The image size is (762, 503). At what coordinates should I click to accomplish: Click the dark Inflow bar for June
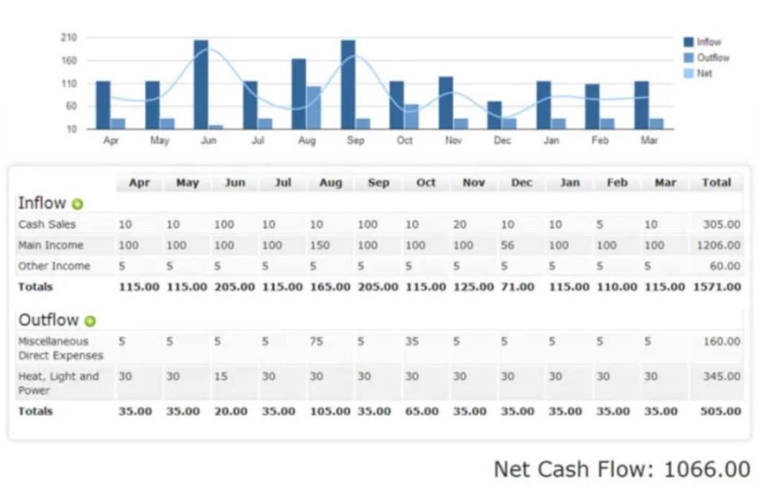pyautogui.click(x=201, y=85)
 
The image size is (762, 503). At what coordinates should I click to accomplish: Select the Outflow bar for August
pyautogui.click(x=314, y=108)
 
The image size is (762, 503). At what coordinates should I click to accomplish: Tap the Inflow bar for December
pyautogui.click(x=494, y=115)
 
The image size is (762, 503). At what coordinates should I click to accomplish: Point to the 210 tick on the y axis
pyautogui.click(x=70, y=37)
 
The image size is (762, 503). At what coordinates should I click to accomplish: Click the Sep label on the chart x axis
pyautogui.click(x=355, y=141)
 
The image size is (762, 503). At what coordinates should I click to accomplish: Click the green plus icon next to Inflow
pyautogui.click(x=78, y=204)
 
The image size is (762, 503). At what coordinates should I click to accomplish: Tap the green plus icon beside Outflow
pyautogui.click(x=90, y=321)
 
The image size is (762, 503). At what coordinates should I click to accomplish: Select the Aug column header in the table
pyautogui.click(x=330, y=183)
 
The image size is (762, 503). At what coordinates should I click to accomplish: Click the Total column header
pyautogui.click(x=716, y=183)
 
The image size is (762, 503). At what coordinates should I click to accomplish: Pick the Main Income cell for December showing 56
pyautogui.click(x=507, y=245)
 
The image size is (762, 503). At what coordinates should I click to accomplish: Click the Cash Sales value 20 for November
pyautogui.click(x=460, y=225)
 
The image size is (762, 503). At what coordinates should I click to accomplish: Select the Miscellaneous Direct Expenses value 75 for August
pyautogui.click(x=317, y=342)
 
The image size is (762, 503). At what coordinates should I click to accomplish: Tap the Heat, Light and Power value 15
pyautogui.click(x=221, y=376)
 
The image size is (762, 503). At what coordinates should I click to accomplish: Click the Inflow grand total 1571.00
pyautogui.click(x=717, y=287)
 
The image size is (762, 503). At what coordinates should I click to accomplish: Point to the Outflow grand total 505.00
pyautogui.click(x=720, y=412)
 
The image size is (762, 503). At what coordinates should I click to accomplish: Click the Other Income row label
pyautogui.click(x=55, y=266)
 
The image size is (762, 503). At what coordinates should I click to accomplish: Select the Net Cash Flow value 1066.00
pyautogui.click(x=707, y=469)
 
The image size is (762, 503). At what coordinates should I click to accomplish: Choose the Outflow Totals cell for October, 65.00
pyautogui.click(x=421, y=412)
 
